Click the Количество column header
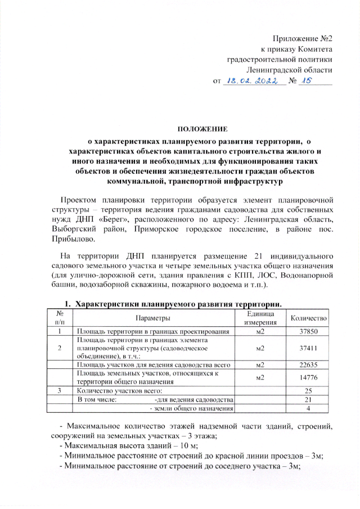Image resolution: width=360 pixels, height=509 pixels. pos(308,318)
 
